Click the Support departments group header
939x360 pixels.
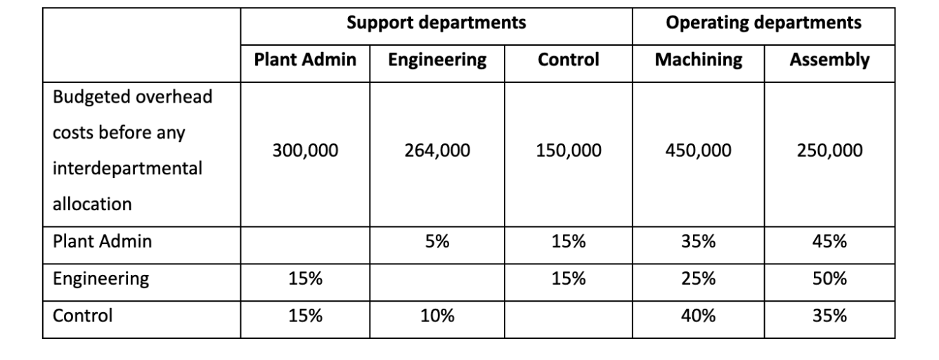click(x=436, y=24)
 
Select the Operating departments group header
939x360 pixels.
click(x=763, y=24)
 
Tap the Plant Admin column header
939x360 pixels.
click(x=305, y=60)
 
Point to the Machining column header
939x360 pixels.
click(x=698, y=60)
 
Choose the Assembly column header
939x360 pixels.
click(x=829, y=60)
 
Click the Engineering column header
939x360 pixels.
click(x=436, y=60)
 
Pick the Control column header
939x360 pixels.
click(x=568, y=60)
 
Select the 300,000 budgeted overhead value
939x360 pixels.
click(x=305, y=150)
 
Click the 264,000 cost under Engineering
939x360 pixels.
click(x=436, y=150)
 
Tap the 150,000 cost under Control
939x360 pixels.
click(x=568, y=150)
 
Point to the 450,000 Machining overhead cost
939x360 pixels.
click(x=698, y=150)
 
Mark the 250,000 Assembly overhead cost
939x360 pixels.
click(x=829, y=150)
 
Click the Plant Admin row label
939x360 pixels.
click(x=103, y=242)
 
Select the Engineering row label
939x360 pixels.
click(x=101, y=279)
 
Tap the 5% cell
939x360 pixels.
click(x=436, y=242)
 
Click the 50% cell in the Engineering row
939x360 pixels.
click(x=829, y=279)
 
